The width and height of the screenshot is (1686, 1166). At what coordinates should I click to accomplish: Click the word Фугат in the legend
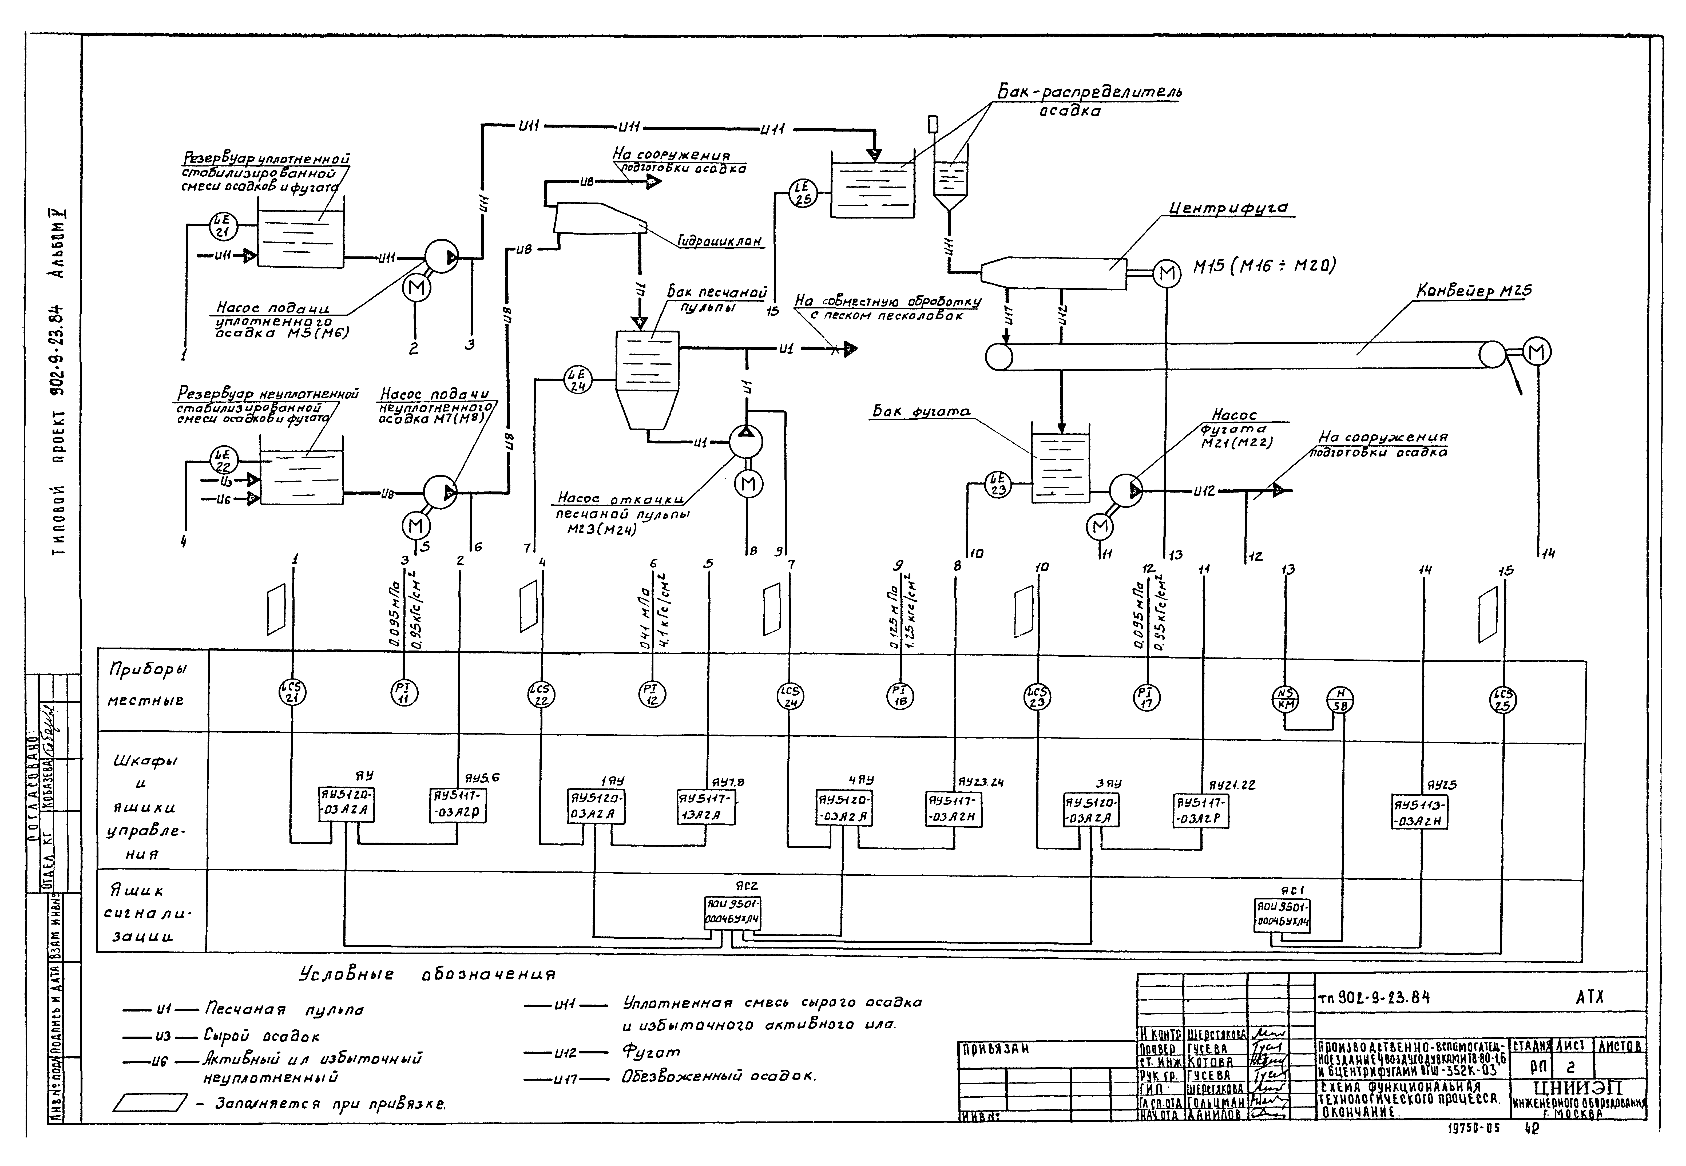[651, 1051]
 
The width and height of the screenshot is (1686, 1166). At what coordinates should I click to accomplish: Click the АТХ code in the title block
[1589, 997]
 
